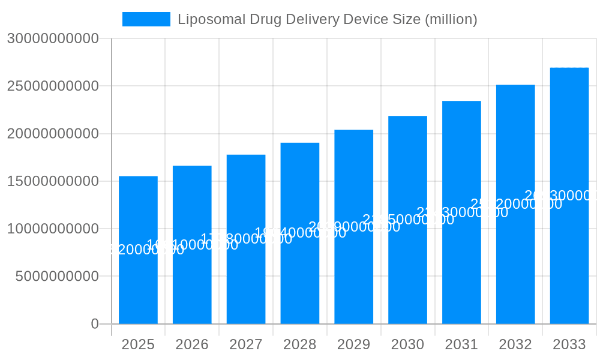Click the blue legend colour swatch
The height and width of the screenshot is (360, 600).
click(x=146, y=19)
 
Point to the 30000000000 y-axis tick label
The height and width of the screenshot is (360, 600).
click(x=53, y=38)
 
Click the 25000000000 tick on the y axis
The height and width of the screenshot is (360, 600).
click(x=53, y=86)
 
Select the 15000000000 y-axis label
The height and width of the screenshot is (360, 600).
click(x=53, y=181)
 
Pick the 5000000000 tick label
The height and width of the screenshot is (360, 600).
click(x=57, y=277)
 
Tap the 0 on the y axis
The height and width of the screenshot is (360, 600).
click(x=95, y=324)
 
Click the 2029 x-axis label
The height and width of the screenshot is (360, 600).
click(x=353, y=344)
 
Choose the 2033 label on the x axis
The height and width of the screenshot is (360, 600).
click(x=569, y=344)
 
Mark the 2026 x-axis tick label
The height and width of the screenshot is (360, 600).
click(x=192, y=344)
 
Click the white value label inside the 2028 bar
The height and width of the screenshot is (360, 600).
click(x=300, y=233)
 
